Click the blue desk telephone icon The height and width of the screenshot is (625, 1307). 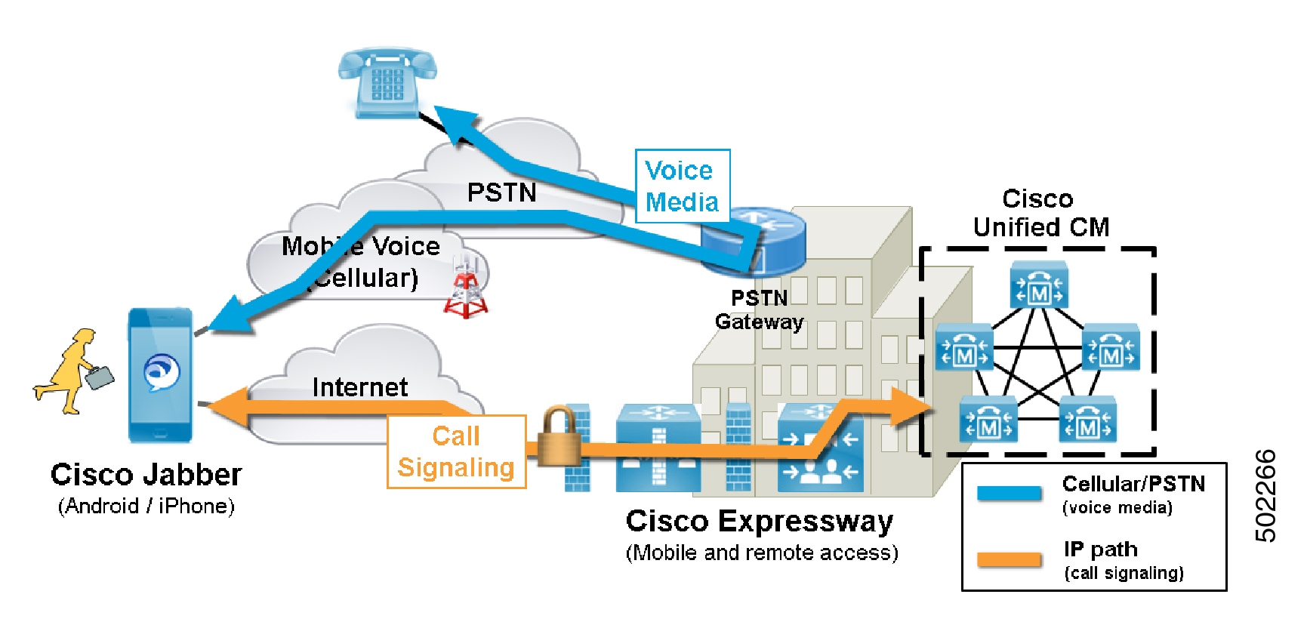(387, 82)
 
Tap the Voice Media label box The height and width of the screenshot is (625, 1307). (682, 186)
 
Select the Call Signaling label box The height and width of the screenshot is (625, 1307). (456, 451)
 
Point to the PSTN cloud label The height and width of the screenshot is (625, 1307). (501, 192)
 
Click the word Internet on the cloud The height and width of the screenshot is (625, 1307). (359, 387)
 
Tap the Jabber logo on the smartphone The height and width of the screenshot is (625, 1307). (162, 371)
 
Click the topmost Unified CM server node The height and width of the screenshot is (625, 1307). (1039, 285)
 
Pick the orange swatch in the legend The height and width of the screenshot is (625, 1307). (1009, 559)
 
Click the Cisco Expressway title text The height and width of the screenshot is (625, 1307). (759, 521)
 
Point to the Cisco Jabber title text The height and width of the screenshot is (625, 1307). (146, 475)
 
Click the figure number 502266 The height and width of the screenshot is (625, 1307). (1265, 496)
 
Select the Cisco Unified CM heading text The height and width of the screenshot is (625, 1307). (1040, 213)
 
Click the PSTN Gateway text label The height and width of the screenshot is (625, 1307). (759, 309)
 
